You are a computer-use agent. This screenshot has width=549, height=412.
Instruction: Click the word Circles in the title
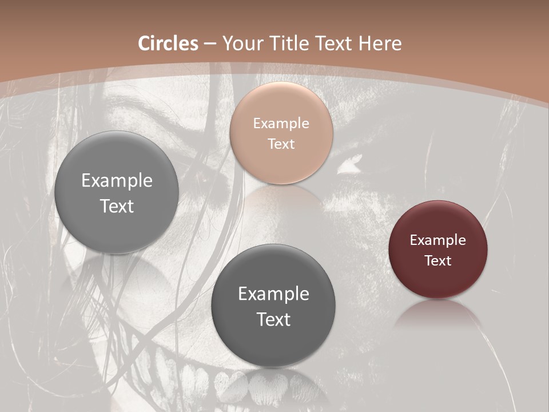[x=168, y=43]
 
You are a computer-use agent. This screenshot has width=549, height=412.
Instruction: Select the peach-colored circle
[x=281, y=133]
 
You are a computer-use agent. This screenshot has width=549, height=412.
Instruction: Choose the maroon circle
[x=437, y=249]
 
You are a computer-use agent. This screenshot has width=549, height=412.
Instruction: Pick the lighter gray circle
[x=117, y=192]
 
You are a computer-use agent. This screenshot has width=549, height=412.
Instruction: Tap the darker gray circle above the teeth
[x=273, y=305]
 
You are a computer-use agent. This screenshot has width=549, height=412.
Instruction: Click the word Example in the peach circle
[x=281, y=123]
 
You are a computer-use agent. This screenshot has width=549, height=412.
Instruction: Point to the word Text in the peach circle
[x=281, y=144]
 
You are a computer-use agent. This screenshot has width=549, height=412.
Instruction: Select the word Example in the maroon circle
[x=437, y=240]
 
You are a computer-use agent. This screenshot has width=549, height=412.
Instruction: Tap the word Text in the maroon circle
[x=437, y=261]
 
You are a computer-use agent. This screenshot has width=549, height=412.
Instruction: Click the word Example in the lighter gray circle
[x=117, y=181]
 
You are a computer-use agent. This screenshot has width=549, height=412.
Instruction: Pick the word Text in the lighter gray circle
[x=117, y=206]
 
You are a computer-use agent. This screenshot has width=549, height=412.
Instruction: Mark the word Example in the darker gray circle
[x=273, y=294]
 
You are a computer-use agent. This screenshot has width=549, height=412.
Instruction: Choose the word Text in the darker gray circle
[x=273, y=319]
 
